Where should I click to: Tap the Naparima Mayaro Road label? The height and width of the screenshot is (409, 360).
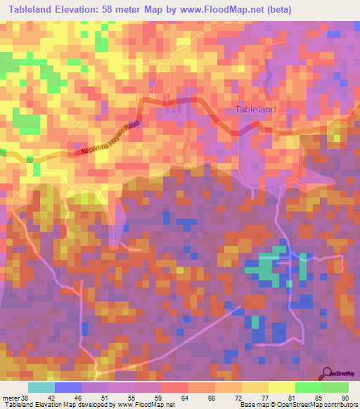tap(111, 138)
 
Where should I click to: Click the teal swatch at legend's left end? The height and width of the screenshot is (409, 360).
tap(41, 387)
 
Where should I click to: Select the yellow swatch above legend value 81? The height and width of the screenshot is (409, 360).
tap(281, 387)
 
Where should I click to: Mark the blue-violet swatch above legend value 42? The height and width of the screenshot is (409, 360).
tap(67, 387)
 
